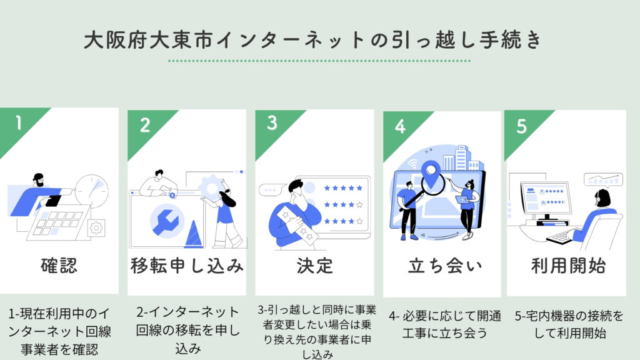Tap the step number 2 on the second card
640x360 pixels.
144,125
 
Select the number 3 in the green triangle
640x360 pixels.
272,123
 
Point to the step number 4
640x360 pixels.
400,126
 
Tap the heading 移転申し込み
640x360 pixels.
186,266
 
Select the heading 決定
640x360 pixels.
314,266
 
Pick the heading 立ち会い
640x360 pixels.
441,266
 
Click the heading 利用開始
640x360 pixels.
567,266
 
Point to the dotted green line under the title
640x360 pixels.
319,61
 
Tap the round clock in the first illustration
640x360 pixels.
91,190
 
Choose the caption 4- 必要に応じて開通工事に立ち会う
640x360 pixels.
441,325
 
